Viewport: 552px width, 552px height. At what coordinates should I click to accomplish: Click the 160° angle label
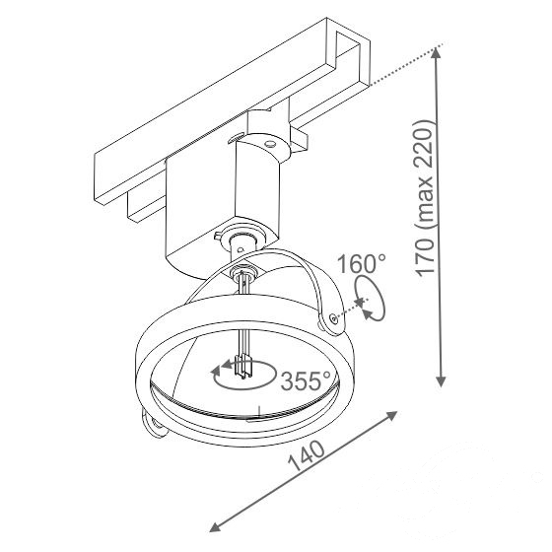(x=362, y=264)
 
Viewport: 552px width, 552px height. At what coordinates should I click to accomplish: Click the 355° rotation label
(x=306, y=380)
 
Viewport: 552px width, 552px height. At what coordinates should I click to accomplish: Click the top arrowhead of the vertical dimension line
(x=436, y=53)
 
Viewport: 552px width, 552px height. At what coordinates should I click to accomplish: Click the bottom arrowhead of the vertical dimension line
(x=441, y=381)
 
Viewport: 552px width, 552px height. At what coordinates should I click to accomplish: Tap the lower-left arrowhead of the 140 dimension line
(x=216, y=527)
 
